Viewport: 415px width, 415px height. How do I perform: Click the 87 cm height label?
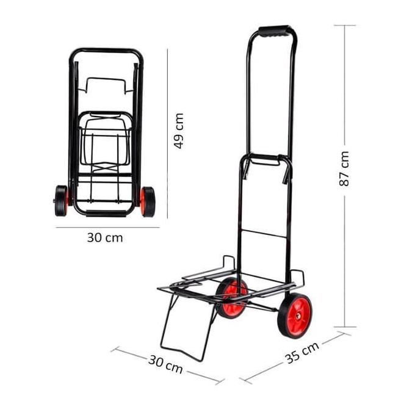tap(344, 168)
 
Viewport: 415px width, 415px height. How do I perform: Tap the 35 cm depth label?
tap(301, 353)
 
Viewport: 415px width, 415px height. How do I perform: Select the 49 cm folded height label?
tap(179, 131)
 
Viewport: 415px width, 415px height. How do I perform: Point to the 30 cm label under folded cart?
tap(105, 237)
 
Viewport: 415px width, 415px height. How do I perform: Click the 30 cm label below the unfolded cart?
tap(165, 364)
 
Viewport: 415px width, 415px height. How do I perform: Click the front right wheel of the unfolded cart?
tap(295, 316)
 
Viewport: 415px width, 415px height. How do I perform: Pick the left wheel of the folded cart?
tap(61, 200)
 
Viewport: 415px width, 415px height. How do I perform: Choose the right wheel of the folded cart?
tap(148, 201)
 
